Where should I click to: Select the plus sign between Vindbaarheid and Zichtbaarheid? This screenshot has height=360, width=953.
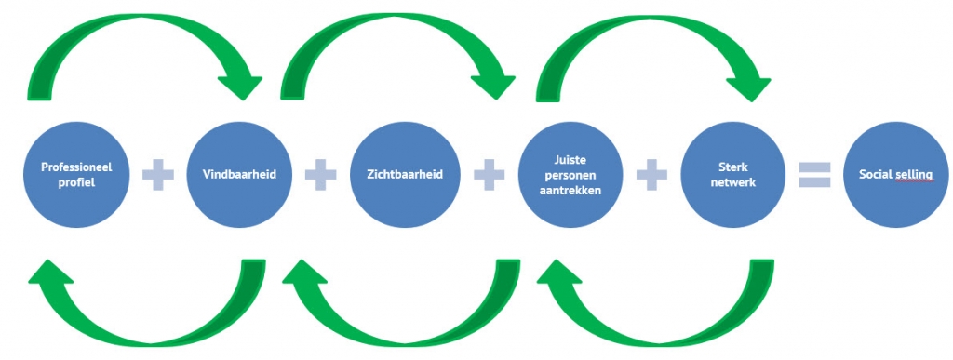coord(321,175)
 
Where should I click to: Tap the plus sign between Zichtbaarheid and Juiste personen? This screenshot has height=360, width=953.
coord(487,175)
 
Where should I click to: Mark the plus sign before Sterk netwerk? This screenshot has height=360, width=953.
coord(652,175)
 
